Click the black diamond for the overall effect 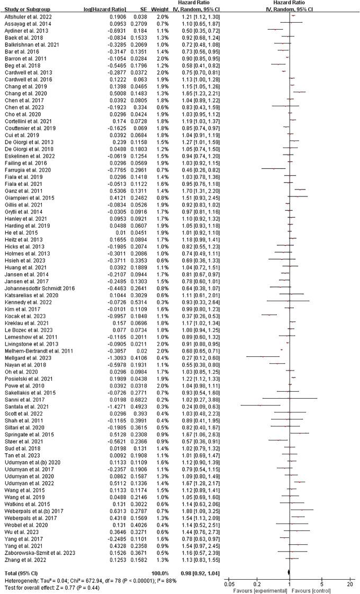coord(289,574)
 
